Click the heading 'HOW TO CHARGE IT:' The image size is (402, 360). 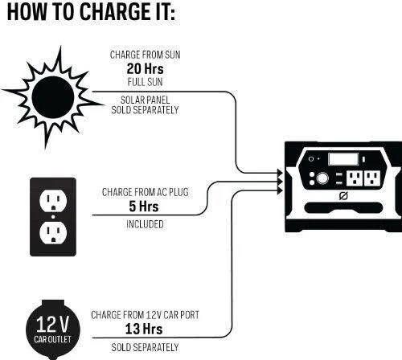point(91,11)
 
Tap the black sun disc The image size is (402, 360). point(53,97)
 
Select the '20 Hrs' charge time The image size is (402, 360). point(145,68)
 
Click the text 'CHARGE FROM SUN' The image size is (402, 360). point(145,55)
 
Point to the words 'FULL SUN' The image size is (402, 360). point(145,82)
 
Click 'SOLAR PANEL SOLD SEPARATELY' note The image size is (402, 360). point(145,104)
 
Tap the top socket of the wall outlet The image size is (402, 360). point(53,200)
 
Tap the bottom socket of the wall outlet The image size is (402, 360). point(53,233)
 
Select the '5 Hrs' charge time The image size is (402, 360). point(144,207)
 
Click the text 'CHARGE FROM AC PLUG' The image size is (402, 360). point(145,192)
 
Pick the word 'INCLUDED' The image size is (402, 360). point(145,224)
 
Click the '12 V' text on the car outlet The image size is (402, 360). point(52,324)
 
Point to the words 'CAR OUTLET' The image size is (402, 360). point(52,339)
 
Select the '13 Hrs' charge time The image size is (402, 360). point(144,329)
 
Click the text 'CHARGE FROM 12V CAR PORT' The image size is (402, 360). point(145,315)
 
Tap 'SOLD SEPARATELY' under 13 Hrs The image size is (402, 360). point(145,347)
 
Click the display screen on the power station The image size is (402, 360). point(343,159)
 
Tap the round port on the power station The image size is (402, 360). point(322,178)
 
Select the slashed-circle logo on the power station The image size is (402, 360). point(343,196)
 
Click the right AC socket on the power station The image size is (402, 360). point(372,178)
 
